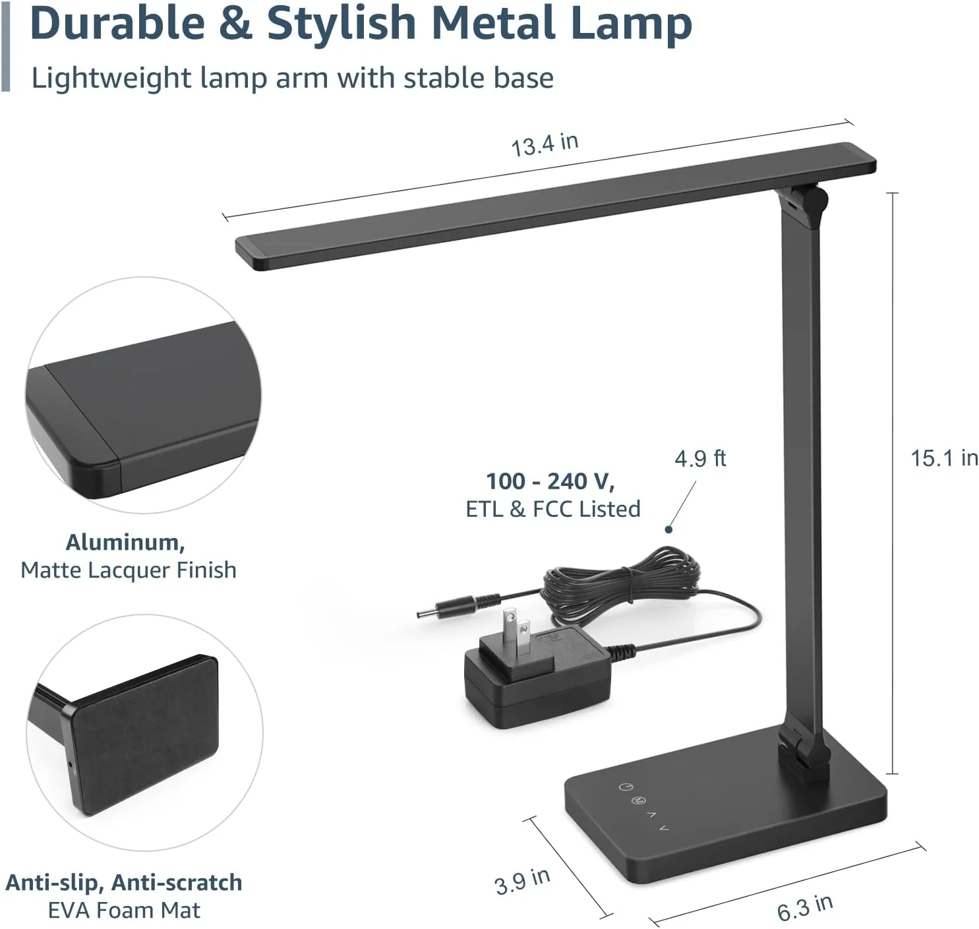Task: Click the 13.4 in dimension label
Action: (x=545, y=144)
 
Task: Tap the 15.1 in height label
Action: (x=943, y=458)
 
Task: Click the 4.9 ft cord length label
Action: (x=699, y=458)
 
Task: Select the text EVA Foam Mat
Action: (x=124, y=910)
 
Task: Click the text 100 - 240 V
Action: (x=550, y=481)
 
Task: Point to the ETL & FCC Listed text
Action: (x=552, y=509)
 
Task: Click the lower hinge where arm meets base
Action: (x=804, y=749)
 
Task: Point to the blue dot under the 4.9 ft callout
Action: (x=668, y=529)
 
